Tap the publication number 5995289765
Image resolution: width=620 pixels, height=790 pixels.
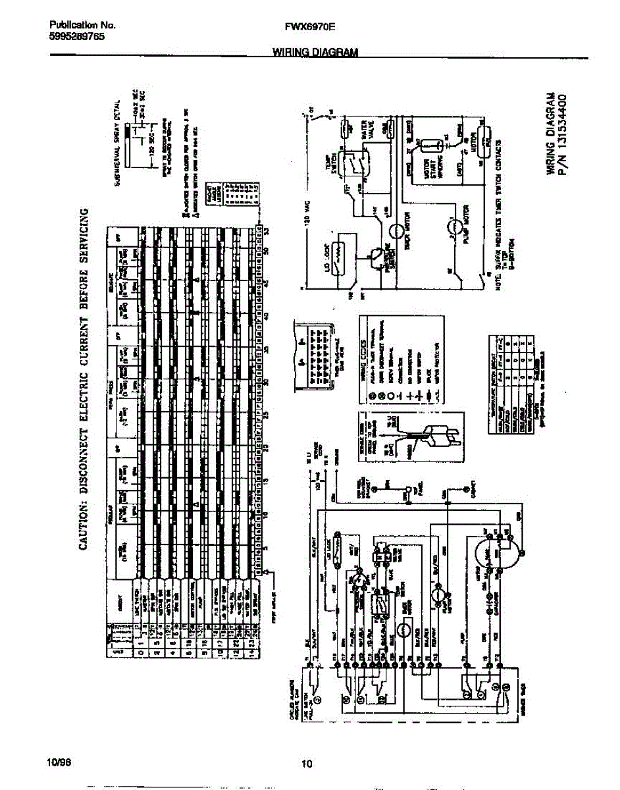click(76, 37)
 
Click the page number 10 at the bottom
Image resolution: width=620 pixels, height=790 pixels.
click(306, 764)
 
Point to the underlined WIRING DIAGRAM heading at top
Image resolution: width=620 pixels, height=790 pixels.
click(315, 53)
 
